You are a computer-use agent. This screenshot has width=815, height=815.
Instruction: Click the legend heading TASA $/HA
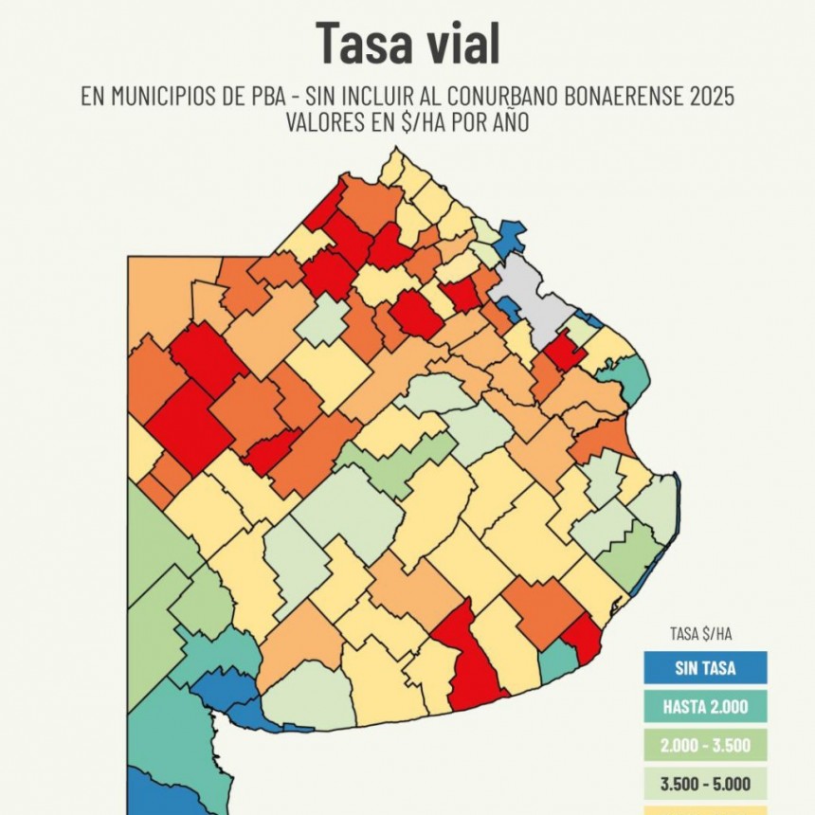[704, 636]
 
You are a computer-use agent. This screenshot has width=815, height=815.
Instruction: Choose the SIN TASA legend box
[704, 667]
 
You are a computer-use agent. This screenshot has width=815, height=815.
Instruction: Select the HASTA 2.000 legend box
[704, 707]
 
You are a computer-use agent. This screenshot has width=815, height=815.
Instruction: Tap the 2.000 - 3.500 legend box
[704, 746]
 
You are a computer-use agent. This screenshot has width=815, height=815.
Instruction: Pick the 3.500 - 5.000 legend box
[704, 785]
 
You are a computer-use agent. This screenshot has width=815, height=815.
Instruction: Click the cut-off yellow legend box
[704, 810]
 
